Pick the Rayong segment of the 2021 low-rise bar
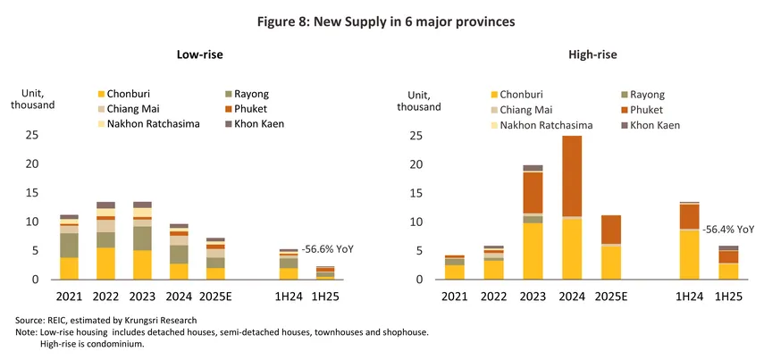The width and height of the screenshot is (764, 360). coord(69,245)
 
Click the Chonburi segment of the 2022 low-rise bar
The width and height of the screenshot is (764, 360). coord(106,264)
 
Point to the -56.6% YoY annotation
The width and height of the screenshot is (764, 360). coord(328,248)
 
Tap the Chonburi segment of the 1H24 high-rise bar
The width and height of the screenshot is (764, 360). coord(688,255)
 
